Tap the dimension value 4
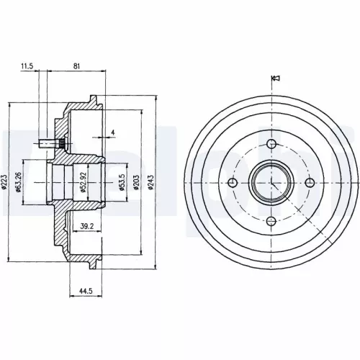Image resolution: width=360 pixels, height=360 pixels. coord(113,132)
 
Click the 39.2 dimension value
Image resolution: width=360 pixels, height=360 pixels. coord(87,227)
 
